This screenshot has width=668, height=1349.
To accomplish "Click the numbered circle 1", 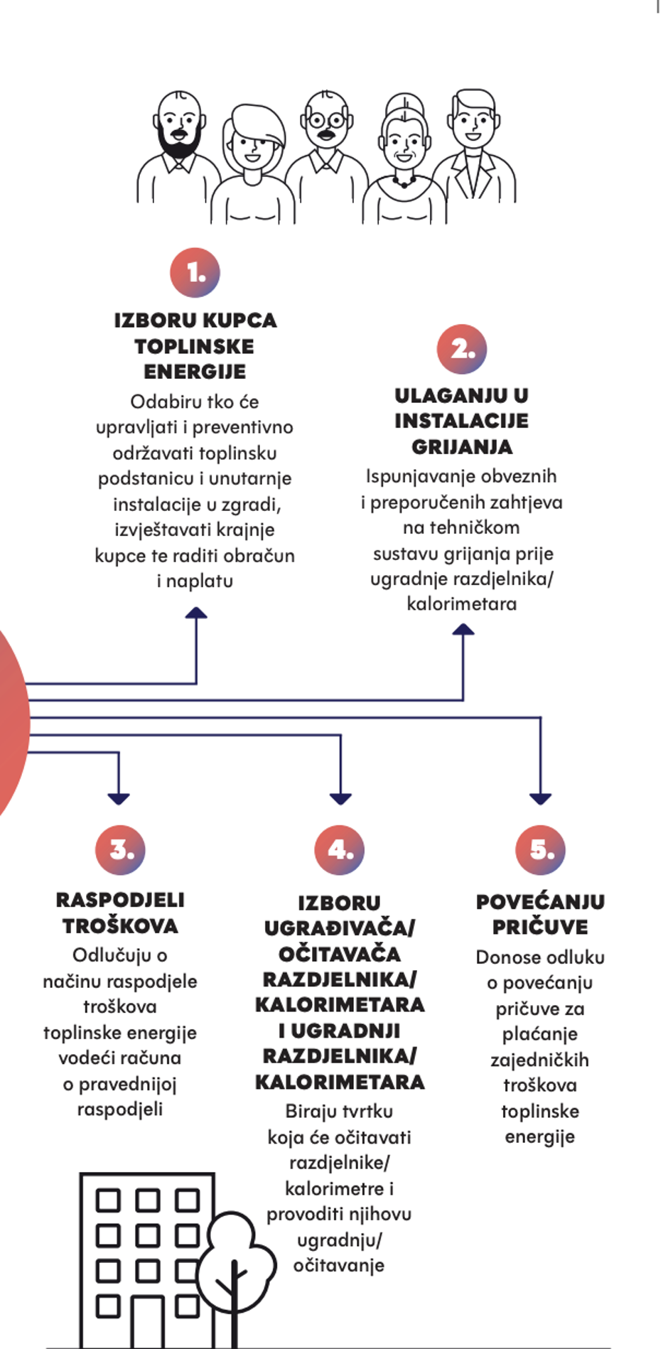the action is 195,272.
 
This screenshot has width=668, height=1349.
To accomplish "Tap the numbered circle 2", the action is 462,349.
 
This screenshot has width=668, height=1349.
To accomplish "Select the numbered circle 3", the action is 120,849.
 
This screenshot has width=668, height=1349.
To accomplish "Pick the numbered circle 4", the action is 340,849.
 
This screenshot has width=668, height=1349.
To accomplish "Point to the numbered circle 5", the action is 541,849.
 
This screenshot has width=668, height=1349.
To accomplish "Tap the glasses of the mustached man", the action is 327,120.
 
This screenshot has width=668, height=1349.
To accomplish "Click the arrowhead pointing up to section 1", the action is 196,613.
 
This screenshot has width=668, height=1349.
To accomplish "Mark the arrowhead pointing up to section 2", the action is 463,629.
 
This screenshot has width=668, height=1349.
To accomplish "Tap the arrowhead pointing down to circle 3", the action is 119,799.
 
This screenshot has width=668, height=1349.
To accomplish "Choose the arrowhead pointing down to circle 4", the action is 340,799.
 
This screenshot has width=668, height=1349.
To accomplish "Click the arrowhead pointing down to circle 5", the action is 541,799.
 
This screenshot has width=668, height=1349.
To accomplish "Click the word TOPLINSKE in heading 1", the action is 194,346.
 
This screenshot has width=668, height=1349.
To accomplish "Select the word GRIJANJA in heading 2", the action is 462,446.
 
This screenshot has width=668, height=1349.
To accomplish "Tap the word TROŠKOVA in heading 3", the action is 120,925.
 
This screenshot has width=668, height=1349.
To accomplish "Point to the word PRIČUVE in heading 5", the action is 540,927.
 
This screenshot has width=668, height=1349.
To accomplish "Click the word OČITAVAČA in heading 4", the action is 340,953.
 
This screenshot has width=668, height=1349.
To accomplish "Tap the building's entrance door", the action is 148,1321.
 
